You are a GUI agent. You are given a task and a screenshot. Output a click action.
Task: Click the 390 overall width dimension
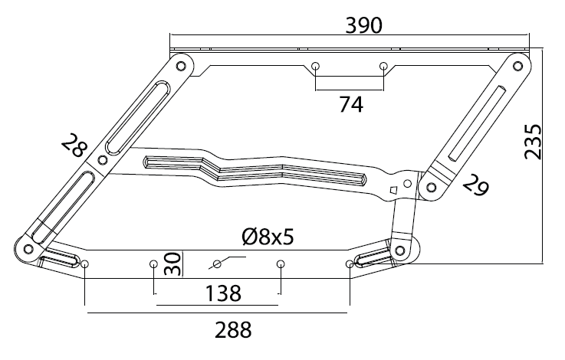[363, 25]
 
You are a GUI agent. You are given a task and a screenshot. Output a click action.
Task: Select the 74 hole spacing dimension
[351, 105]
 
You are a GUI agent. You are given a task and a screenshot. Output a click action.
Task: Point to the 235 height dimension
[533, 142]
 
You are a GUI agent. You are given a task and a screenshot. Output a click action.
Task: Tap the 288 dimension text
[233, 330]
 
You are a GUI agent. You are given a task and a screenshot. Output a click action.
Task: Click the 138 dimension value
[223, 293]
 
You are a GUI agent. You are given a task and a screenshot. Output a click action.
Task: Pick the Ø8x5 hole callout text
[268, 237]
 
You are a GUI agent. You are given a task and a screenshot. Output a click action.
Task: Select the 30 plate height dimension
[172, 264]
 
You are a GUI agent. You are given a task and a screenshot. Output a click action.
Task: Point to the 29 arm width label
[475, 186]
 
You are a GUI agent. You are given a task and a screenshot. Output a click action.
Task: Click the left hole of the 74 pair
[316, 66]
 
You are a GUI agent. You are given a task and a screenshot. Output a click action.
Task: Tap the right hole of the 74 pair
[383, 66]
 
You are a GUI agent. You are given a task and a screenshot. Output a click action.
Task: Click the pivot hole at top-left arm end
[181, 66]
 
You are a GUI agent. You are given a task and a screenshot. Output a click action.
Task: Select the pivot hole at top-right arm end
[517, 66]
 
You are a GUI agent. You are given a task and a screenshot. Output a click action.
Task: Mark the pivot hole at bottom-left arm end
[28, 248]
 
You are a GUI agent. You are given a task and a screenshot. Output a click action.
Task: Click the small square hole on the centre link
[393, 189]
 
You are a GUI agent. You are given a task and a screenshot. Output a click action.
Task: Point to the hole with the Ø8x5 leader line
[217, 264]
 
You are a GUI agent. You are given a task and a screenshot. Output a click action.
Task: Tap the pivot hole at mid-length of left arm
[103, 160]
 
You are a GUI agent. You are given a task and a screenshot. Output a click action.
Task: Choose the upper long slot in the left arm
[137, 119]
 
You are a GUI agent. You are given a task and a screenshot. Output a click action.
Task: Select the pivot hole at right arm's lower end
[432, 187]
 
